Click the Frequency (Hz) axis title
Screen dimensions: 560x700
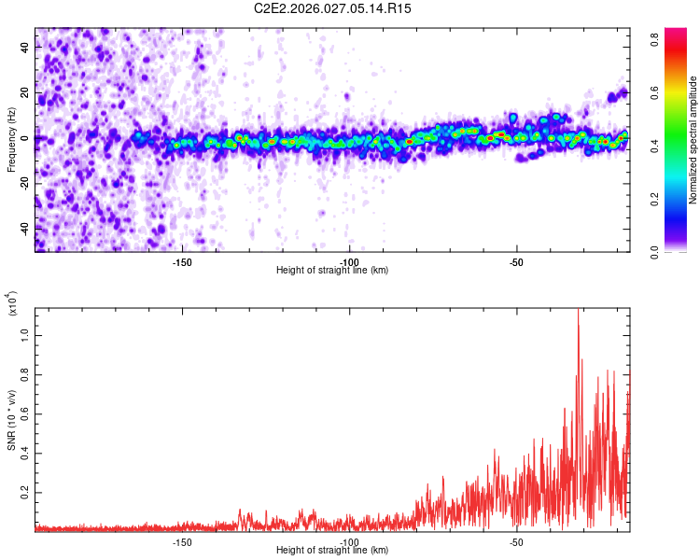click(x=11, y=139)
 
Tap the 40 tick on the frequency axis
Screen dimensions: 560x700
click(x=24, y=48)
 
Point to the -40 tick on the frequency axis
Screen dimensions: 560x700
click(x=21, y=228)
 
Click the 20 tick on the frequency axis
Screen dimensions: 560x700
click(x=24, y=92)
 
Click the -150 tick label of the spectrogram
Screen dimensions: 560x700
click(x=182, y=262)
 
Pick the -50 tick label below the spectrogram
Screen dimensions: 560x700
click(x=516, y=262)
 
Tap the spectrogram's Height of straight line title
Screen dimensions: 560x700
click(x=332, y=271)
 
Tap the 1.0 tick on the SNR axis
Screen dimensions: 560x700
click(x=24, y=333)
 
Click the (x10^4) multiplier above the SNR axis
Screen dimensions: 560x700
click(x=13, y=304)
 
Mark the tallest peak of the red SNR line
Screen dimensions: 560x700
click(x=579, y=311)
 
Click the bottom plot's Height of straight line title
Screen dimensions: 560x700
click(x=332, y=551)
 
